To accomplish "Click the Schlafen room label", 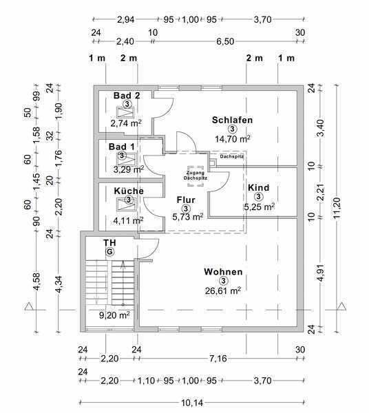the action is click(x=232, y=120).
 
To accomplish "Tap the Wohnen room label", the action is click(x=223, y=272).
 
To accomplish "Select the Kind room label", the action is click(x=259, y=188).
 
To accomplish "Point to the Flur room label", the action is click(x=186, y=200).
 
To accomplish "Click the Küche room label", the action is click(x=129, y=191).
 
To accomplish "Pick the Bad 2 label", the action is click(x=127, y=96).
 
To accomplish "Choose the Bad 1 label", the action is click(x=122, y=147).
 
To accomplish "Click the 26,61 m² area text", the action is click(x=223, y=290).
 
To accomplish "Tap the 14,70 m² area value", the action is click(x=232, y=139).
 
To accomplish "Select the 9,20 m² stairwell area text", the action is click(x=114, y=315).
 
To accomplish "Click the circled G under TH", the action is click(x=109, y=252).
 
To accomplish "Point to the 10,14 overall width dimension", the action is click(x=192, y=403).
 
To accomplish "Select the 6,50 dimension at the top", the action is click(x=225, y=41).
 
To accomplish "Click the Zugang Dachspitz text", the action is click(x=195, y=176).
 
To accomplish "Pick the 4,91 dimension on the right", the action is click(x=321, y=273).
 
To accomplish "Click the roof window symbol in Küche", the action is click(x=126, y=204).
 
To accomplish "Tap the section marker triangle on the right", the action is click(x=342, y=306).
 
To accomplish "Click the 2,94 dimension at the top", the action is click(x=125, y=19).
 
